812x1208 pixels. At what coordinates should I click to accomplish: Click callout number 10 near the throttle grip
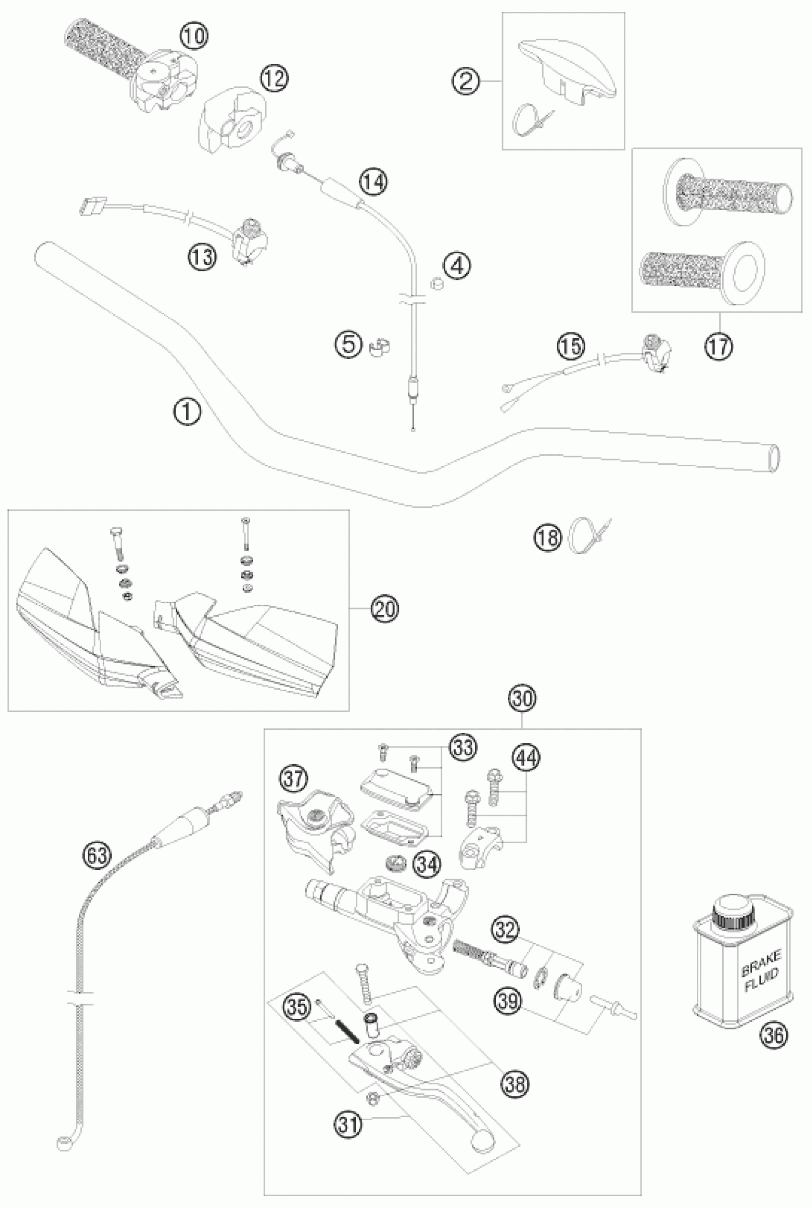(193, 36)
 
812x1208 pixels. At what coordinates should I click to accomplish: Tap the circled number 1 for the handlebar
(187, 413)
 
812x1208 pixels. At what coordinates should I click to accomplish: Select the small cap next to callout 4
(438, 284)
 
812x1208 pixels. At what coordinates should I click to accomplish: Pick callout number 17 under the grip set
(718, 346)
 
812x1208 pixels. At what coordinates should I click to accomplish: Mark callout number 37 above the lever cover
(294, 779)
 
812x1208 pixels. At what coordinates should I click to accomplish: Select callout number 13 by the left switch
(202, 257)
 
